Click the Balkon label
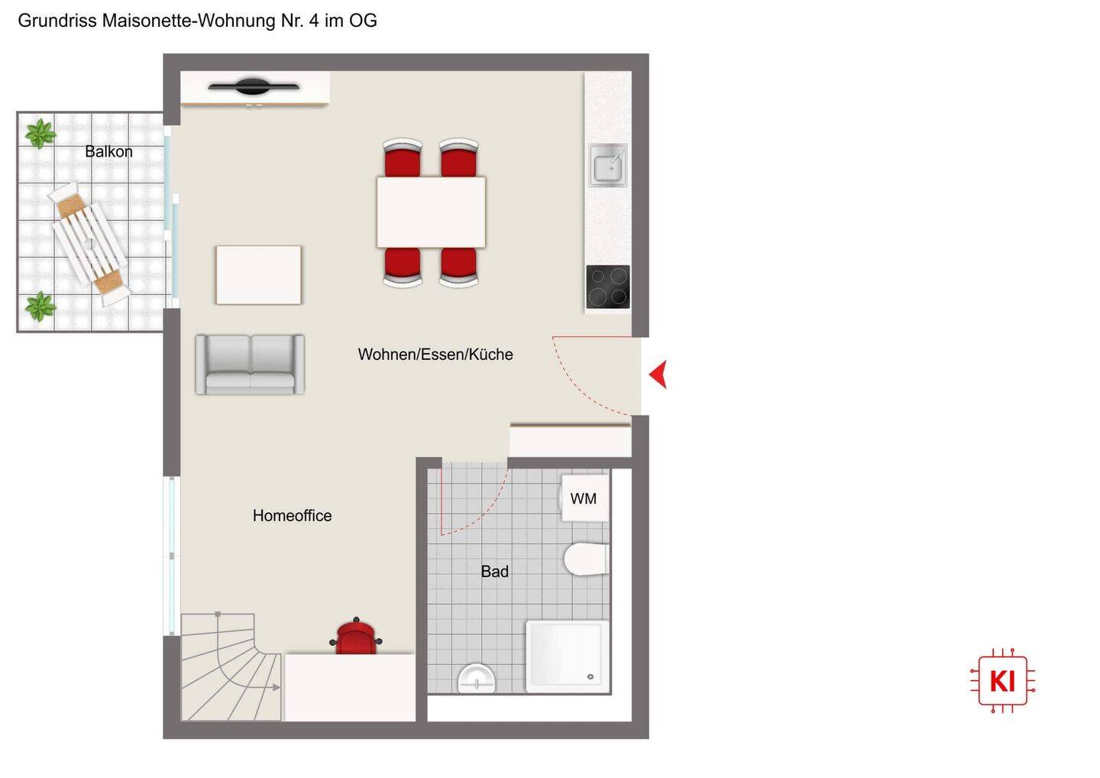tap(108, 151)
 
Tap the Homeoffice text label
tap(292, 515)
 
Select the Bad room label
tap(494, 571)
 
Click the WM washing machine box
tap(584, 498)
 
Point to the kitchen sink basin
tap(608, 165)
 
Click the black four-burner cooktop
tap(608, 287)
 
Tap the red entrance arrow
tap(658, 374)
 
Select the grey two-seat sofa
tap(250, 365)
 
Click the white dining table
tap(431, 212)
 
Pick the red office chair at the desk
tap(356, 637)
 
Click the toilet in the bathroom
tap(587, 559)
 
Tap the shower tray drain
tap(590, 677)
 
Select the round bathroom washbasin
tap(477, 679)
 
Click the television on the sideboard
tap(254, 86)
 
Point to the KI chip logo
tap(1003, 681)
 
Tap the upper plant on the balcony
tap(40, 133)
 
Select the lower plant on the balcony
tap(40, 306)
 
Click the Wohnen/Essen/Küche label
tap(435, 354)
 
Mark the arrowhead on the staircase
tap(277, 688)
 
